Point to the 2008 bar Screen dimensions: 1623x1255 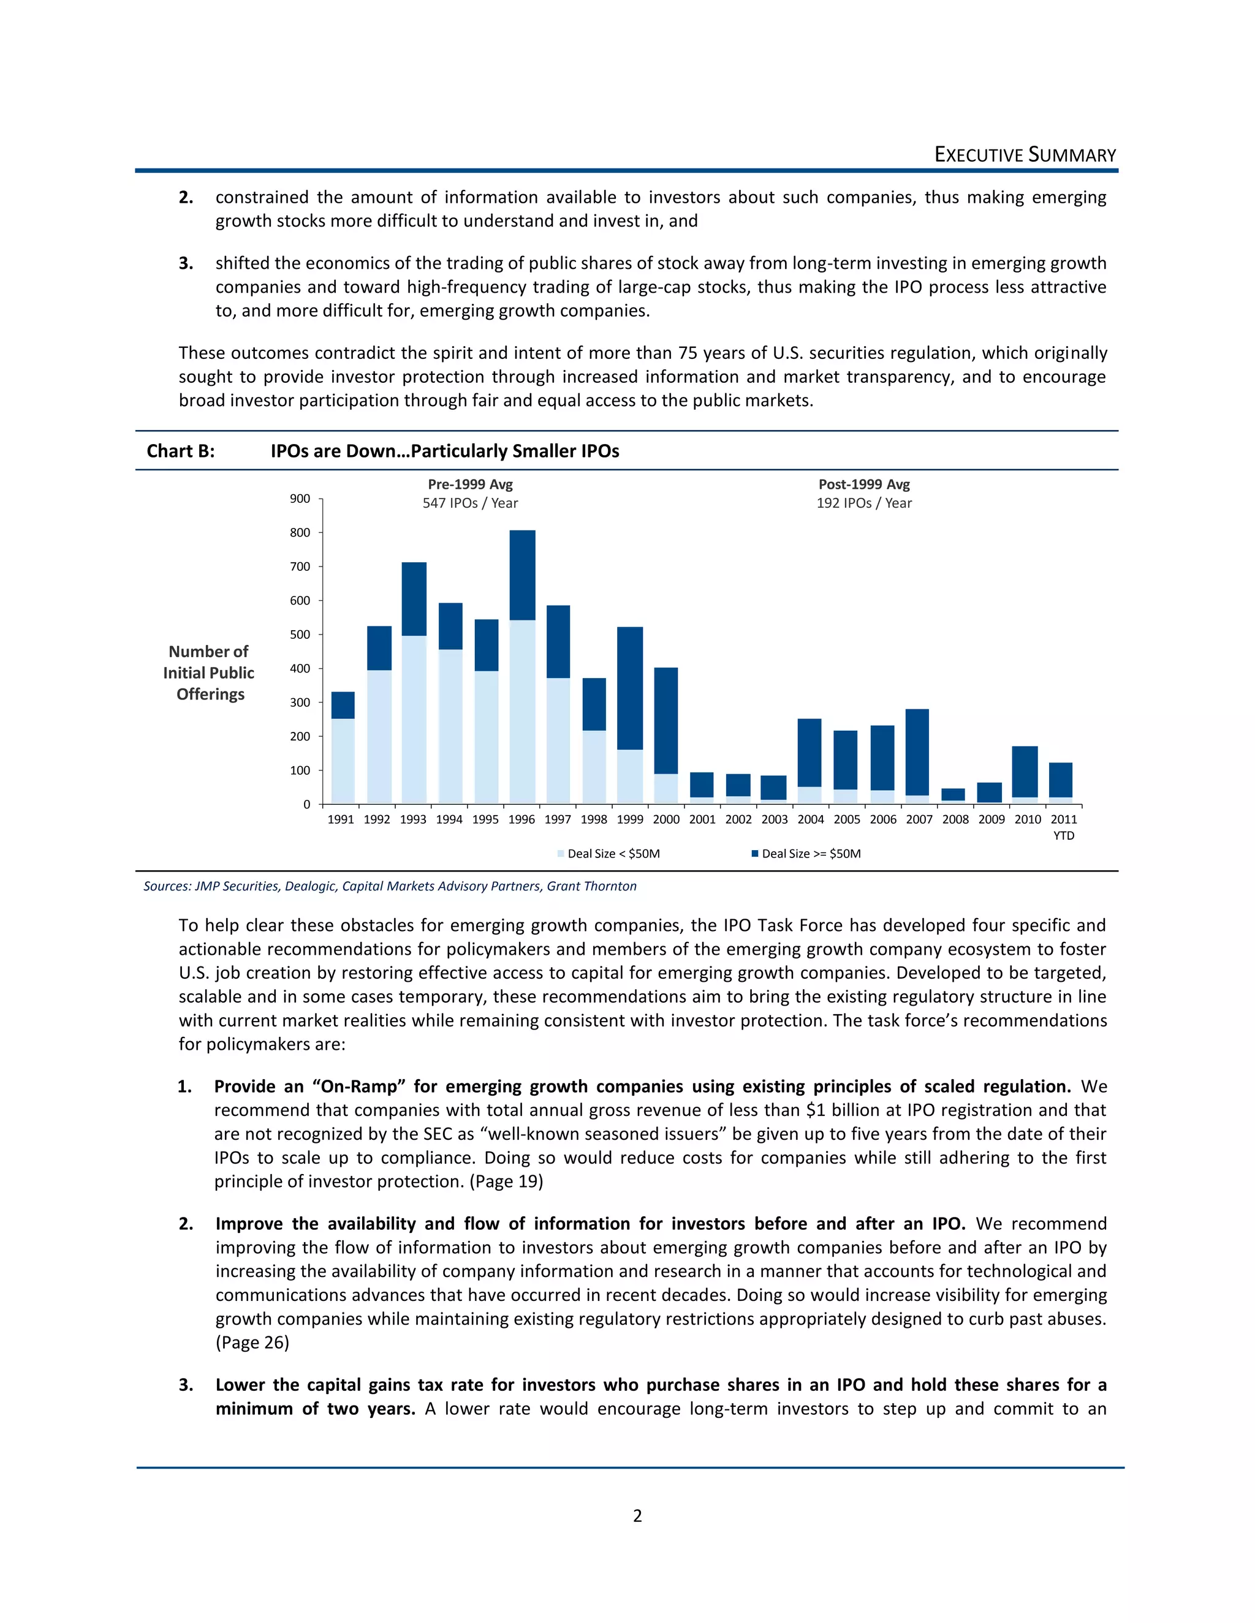pos(952,794)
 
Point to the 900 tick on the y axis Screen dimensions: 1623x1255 pos(300,499)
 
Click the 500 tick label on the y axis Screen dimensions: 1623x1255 pos(300,635)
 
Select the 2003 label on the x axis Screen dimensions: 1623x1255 pos(774,819)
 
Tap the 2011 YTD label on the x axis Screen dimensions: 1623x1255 pos(1063,826)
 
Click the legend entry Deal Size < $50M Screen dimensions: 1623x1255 pos(613,854)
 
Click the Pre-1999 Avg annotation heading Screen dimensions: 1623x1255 pos(470,484)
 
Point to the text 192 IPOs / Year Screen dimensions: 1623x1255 pos(864,503)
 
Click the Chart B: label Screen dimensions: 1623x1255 pos(181,451)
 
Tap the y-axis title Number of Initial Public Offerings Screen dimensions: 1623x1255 pos(209,672)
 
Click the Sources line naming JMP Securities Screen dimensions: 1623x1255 pos(390,886)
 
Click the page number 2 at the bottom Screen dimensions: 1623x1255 pos(637,1515)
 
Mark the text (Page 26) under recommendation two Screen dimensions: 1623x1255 pos(252,1342)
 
